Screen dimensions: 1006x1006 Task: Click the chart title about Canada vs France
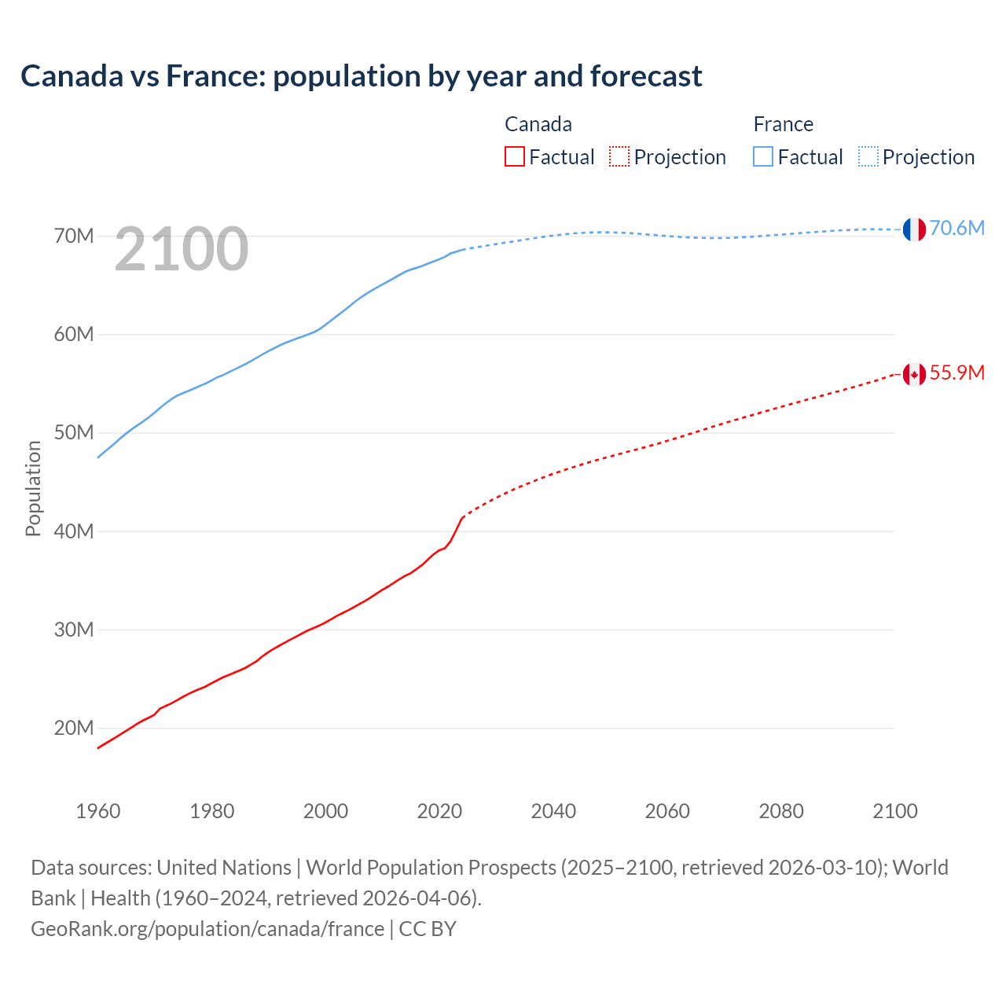362,76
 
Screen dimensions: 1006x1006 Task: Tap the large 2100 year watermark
182,249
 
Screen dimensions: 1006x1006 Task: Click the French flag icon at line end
913,229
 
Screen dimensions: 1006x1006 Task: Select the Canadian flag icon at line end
913,374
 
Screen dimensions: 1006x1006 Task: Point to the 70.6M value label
956,228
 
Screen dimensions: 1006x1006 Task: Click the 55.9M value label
956,373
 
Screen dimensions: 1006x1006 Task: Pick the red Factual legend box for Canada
514,157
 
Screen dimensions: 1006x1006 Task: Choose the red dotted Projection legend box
619,157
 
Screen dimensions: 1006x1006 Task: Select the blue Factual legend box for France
763,157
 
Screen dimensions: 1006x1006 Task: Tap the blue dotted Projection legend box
868,157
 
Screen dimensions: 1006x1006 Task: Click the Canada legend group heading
538,124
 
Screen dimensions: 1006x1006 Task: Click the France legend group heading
783,124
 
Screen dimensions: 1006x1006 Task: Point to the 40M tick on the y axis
74,531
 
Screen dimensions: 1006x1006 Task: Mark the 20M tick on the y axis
74,729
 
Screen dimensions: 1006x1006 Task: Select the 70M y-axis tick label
74,236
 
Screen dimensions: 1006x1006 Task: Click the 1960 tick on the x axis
98,811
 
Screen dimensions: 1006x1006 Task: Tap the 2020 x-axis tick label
439,811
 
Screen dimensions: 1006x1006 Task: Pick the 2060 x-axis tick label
667,811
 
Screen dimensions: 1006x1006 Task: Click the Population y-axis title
33,488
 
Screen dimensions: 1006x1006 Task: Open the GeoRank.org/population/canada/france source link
207,929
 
